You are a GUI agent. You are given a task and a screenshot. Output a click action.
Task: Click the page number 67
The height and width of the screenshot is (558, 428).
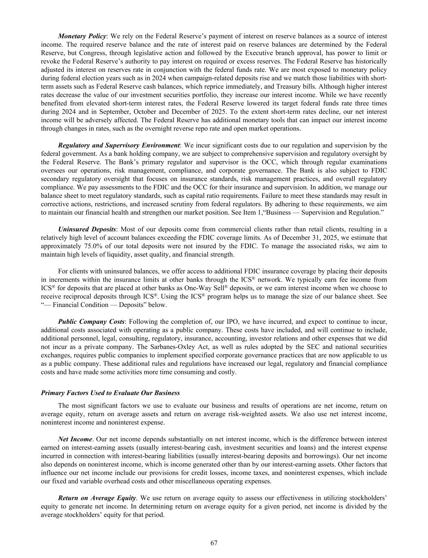(x=214, y=543)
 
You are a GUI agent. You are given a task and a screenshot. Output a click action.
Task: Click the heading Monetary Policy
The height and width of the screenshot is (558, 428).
(x=82, y=36)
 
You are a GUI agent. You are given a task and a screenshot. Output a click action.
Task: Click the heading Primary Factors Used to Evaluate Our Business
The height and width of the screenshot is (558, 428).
(x=110, y=393)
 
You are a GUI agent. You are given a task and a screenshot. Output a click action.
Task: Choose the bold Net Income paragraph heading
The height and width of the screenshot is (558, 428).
(x=75, y=439)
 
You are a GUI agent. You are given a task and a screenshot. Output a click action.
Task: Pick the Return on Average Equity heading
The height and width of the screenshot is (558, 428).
(x=97, y=498)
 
